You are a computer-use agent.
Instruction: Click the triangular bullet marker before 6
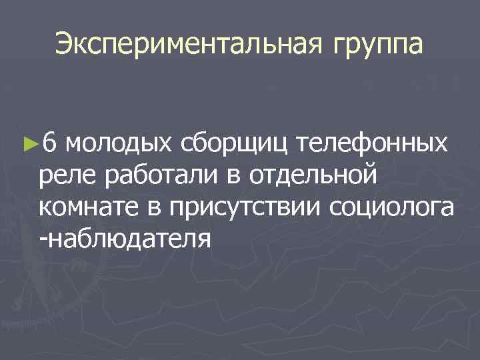tap(29, 142)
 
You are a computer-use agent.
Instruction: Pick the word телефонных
tap(373, 142)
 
